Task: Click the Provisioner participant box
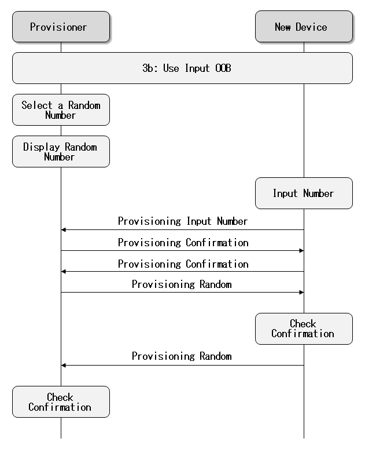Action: (x=61, y=27)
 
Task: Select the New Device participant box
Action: (x=304, y=27)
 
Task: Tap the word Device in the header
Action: (x=311, y=27)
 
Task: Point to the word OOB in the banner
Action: (x=223, y=68)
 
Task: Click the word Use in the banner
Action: (x=171, y=68)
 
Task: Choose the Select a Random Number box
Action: (x=61, y=110)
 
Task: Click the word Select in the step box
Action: (x=36, y=105)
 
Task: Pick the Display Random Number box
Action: (x=61, y=152)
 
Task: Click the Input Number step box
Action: (x=304, y=194)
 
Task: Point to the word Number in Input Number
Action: (x=318, y=194)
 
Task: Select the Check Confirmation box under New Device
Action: (x=304, y=329)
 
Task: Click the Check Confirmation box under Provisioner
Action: (x=61, y=402)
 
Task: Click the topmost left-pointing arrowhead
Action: (x=64, y=230)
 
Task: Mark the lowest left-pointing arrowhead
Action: (x=64, y=366)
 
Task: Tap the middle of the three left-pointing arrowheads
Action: (x=64, y=272)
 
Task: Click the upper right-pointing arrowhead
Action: (x=301, y=251)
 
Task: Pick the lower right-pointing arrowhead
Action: (x=301, y=293)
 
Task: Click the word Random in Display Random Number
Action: (x=80, y=147)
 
